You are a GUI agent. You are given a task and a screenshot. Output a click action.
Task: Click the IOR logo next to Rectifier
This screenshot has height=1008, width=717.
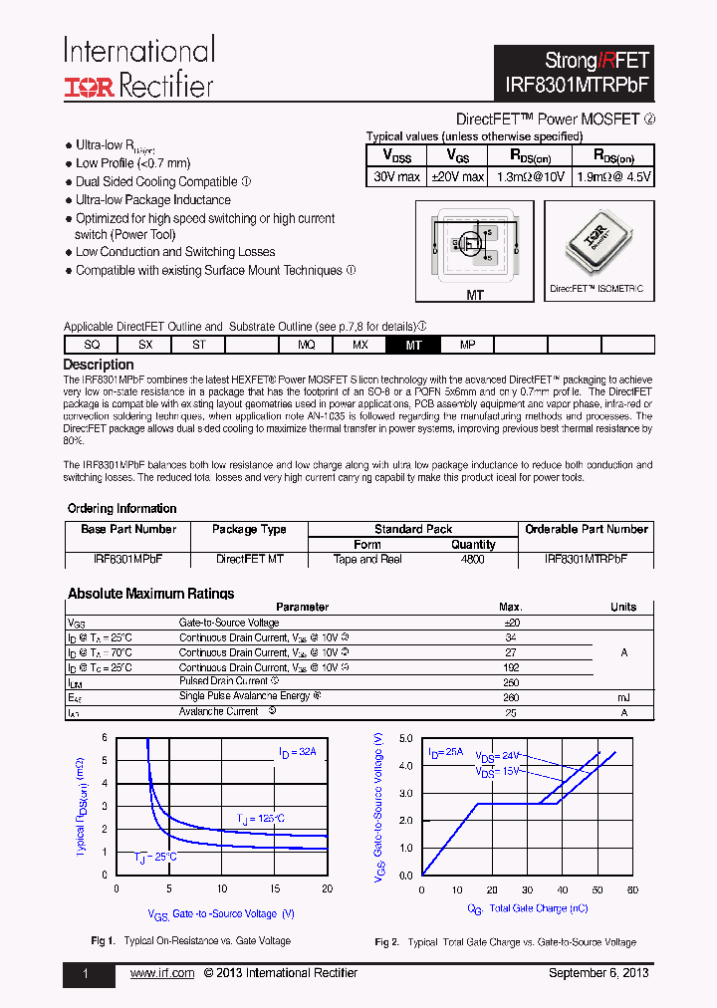(90, 87)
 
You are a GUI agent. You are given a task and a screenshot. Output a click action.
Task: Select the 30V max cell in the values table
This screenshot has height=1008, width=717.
(396, 176)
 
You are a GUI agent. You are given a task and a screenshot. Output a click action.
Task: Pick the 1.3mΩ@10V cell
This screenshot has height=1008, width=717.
(530, 176)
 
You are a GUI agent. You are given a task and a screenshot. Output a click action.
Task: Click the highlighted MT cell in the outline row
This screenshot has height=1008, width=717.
(414, 345)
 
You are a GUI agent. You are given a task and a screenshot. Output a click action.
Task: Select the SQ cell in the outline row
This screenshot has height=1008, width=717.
(92, 345)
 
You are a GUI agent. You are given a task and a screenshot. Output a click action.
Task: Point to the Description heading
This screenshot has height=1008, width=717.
(99, 365)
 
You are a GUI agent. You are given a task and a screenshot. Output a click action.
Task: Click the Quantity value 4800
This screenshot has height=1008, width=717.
(473, 560)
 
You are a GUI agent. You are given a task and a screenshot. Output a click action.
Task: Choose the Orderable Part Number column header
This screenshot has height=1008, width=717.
(587, 529)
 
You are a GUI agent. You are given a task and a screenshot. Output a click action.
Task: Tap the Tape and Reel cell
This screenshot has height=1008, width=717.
(367, 560)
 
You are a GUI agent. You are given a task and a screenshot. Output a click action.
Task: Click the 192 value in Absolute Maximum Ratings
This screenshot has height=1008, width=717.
(510, 667)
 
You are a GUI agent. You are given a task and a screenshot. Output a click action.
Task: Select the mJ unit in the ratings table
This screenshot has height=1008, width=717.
(623, 697)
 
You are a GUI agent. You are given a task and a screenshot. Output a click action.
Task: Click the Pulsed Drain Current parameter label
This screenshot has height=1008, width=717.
(224, 681)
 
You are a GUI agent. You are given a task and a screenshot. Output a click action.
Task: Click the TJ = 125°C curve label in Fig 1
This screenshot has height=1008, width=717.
(260, 819)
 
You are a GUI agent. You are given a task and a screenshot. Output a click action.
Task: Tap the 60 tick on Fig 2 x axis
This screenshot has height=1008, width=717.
(632, 889)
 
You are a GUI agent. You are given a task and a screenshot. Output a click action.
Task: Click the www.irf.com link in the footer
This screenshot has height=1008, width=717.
(162, 973)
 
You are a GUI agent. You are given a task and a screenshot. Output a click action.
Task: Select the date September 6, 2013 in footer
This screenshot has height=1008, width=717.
(598, 973)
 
